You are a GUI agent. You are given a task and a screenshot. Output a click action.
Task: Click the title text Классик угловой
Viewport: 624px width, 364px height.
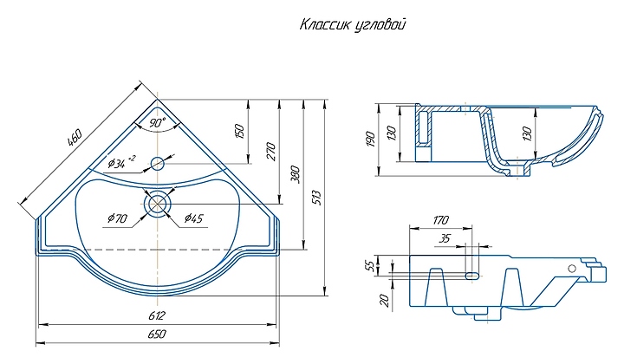click(x=353, y=25)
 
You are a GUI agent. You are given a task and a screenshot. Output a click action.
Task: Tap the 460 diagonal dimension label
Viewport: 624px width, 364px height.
click(x=75, y=137)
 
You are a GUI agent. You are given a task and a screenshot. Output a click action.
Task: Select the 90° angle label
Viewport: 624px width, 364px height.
click(x=158, y=123)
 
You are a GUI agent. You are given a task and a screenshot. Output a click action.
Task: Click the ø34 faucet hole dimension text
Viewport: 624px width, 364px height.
click(x=121, y=162)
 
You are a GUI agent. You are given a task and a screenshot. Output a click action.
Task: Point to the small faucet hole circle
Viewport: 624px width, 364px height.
click(x=158, y=163)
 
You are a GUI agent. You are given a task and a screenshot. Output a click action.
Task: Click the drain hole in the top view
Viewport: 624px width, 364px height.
click(x=158, y=204)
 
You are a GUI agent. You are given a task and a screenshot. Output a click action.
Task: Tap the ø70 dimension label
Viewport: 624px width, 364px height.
click(x=117, y=218)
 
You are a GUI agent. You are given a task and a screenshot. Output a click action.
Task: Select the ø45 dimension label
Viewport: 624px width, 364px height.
click(x=194, y=218)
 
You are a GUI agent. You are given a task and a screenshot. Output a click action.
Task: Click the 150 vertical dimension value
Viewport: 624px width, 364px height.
click(x=239, y=131)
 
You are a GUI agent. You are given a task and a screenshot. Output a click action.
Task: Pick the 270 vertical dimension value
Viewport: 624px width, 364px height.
click(x=270, y=151)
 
